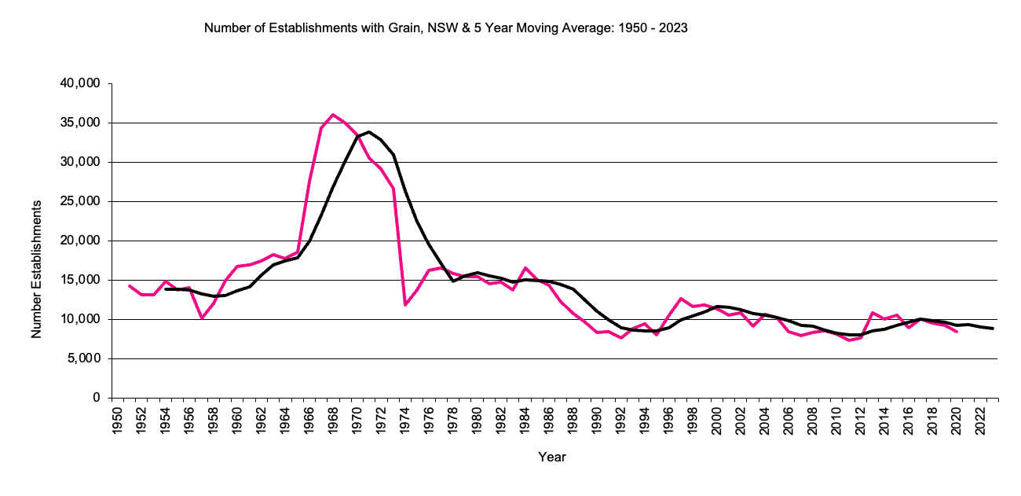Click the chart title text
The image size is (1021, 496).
pos(445,28)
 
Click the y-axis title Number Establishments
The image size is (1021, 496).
pos(36,270)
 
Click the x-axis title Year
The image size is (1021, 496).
pos(552,457)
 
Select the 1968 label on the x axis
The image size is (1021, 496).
pos(333,421)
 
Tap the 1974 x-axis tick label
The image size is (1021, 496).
pos(405,421)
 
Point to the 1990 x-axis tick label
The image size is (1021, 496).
pos(597,421)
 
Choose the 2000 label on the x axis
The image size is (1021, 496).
pos(717,421)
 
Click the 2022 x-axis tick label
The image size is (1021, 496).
pos(981,421)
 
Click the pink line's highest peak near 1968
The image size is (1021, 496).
pos(333,115)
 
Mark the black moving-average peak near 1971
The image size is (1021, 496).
pos(369,132)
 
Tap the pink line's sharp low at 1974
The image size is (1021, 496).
pos(405,304)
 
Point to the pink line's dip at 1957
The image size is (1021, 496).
pos(202,318)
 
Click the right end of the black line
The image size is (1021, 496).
pos(993,329)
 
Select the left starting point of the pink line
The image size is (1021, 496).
pos(130,286)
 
